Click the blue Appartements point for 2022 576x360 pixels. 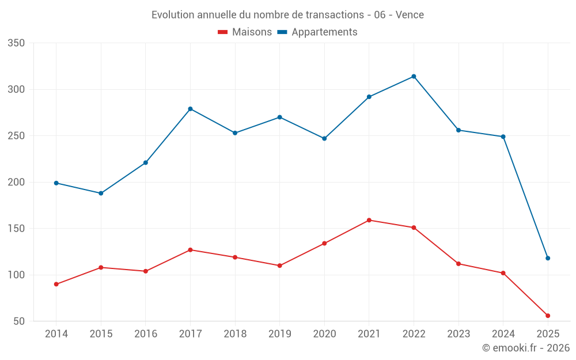414,77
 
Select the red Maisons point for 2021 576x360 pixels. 369,220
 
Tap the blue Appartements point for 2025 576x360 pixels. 548,258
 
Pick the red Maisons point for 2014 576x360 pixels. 56,284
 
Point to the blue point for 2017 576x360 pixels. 190,109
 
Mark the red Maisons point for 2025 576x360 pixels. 548,316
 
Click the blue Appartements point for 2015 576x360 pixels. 101,193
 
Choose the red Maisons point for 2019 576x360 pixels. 279,266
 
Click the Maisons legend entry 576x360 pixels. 245,32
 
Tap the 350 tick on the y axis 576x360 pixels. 16,43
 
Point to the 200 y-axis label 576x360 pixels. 16,182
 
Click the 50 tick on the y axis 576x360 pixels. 19,321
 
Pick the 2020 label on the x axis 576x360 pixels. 324,334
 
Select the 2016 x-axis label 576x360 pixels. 145,334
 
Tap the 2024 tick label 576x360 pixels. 503,334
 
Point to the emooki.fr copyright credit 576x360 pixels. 526,348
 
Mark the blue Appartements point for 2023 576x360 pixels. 458,130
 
